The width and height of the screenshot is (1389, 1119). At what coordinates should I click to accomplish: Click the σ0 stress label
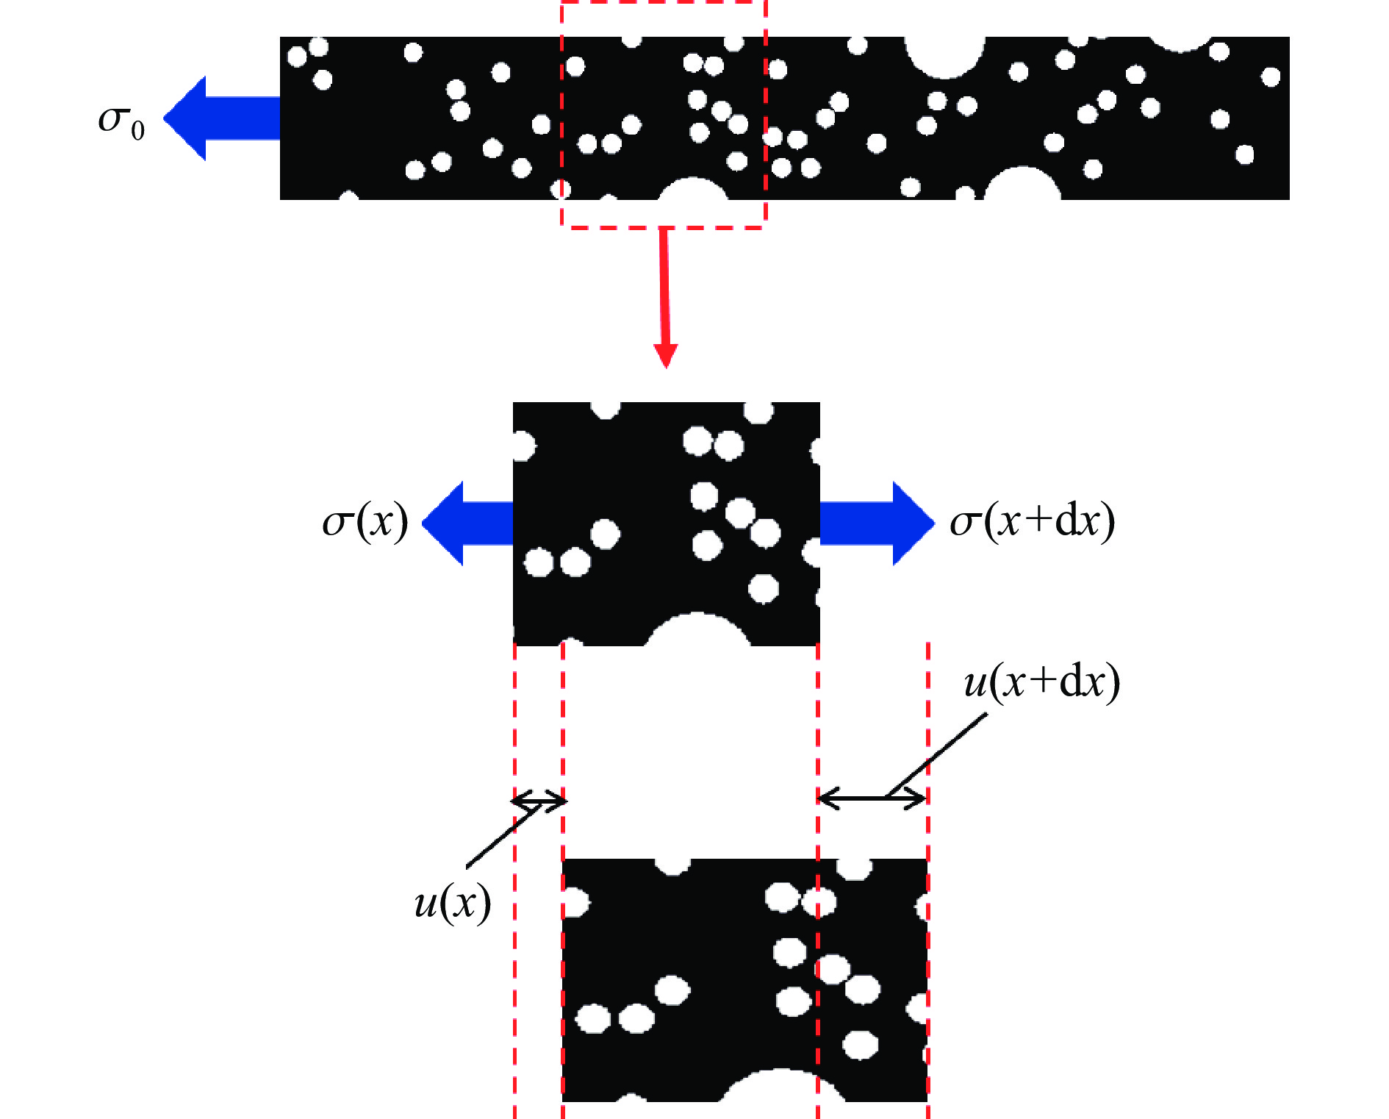click(121, 120)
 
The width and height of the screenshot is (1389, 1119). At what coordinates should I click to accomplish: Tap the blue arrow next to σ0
click(220, 118)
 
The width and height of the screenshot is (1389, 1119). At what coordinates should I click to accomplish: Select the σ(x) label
click(365, 522)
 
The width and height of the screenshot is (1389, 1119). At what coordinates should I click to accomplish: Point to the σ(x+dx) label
click(1033, 521)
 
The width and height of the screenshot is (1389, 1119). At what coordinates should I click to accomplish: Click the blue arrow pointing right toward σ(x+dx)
click(876, 523)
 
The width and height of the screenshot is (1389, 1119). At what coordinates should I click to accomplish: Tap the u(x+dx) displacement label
click(1041, 682)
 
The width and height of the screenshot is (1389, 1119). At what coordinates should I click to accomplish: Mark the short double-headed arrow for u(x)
click(539, 800)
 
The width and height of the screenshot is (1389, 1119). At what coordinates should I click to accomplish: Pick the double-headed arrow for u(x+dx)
click(872, 797)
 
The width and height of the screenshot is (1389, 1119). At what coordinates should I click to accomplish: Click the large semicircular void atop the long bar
click(944, 56)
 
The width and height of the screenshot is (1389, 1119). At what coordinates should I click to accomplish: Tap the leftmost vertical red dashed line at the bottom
click(514, 956)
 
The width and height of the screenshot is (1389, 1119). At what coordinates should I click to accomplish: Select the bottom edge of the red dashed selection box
click(664, 227)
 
